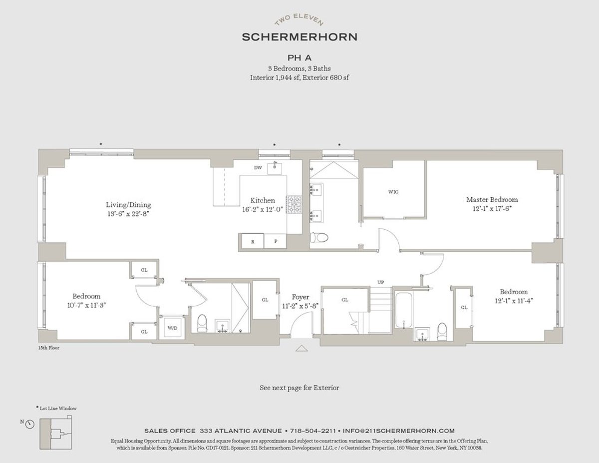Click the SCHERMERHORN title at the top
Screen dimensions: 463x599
pos(299,36)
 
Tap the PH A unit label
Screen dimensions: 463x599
pos(299,57)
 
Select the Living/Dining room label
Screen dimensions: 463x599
pos(128,205)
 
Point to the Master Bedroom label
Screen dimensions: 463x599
pos(492,199)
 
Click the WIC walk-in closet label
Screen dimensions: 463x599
pos(393,192)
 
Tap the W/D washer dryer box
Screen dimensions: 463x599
pos(172,328)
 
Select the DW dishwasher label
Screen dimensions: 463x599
pos(258,168)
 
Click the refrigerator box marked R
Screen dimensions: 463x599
pos(253,241)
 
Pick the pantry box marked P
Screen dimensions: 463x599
pos(275,241)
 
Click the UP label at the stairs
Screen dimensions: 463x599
pos(381,283)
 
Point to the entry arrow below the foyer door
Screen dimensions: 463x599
pos(302,348)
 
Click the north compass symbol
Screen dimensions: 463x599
pos(29,424)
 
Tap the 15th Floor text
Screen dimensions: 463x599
pos(48,348)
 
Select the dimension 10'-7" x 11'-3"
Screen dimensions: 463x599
pos(86,304)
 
